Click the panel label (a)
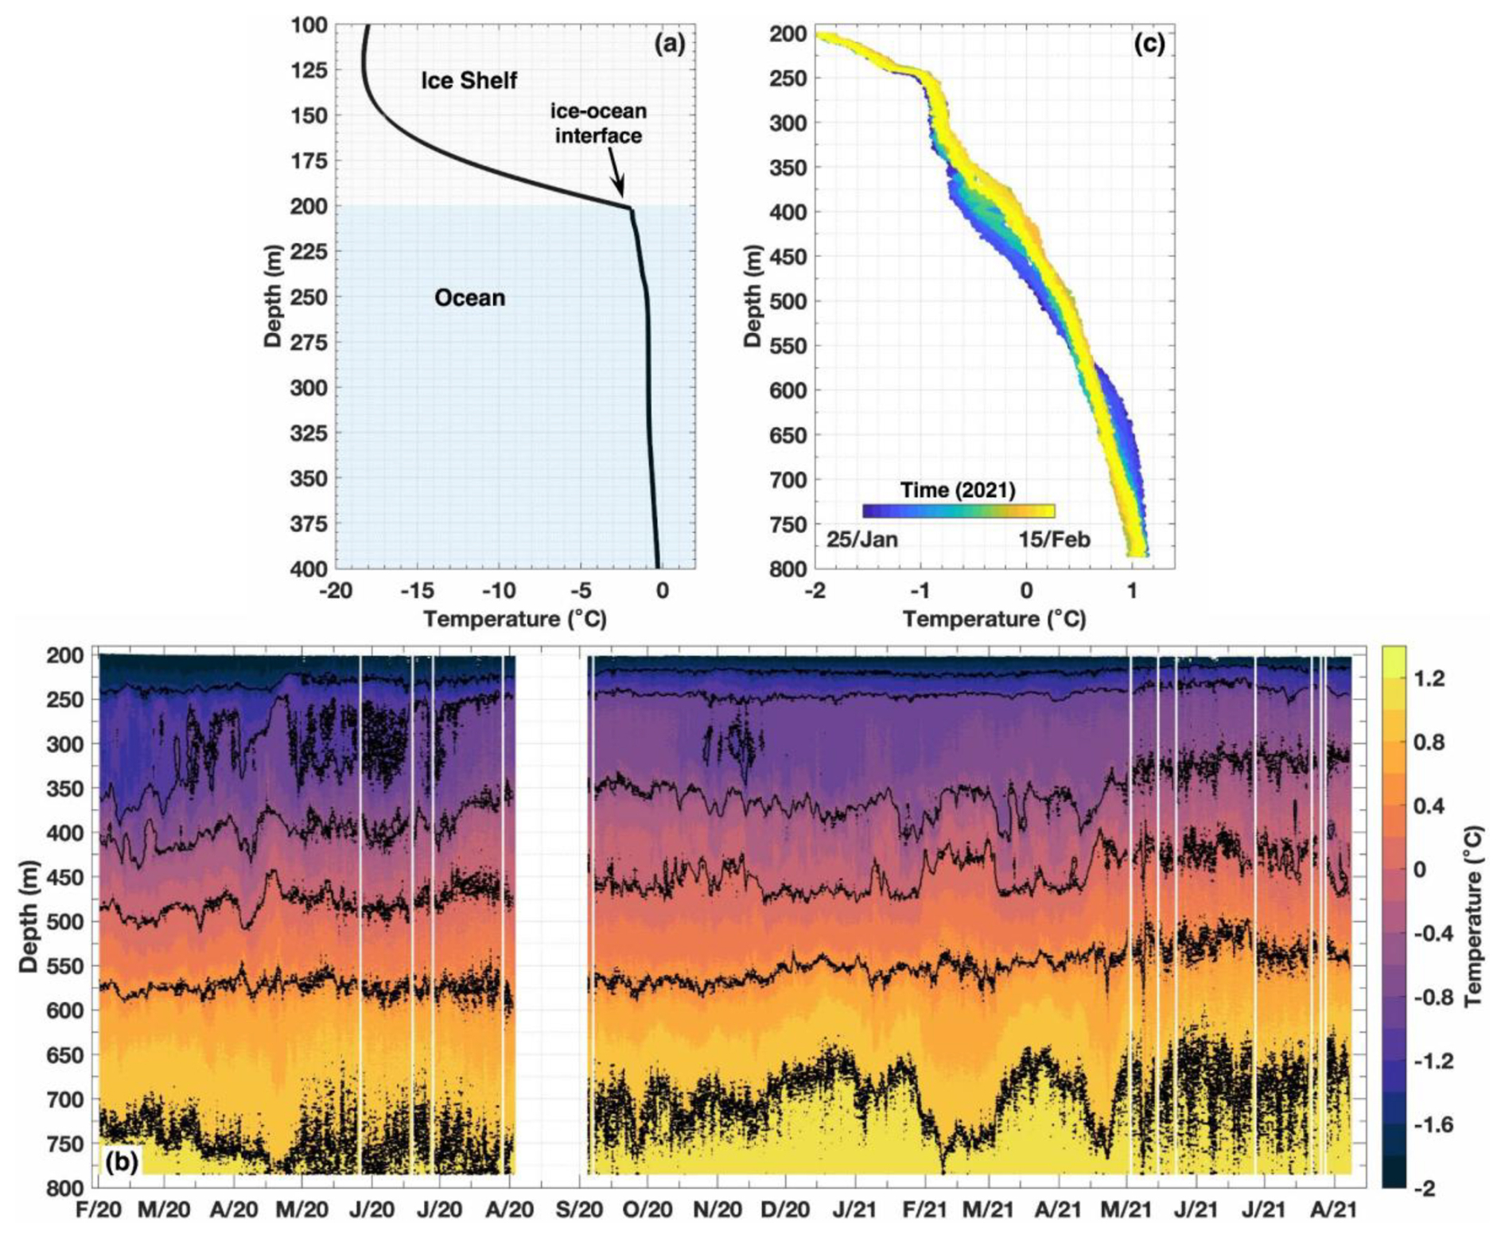pyautogui.click(x=669, y=45)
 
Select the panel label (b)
pyautogui.click(x=122, y=1162)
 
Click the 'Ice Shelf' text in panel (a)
pyautogui.click(x=469, y=80)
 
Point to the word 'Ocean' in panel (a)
pyautogui.click(x=469, y=298)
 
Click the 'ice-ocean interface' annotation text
pyautogui.click(x=598, y=124)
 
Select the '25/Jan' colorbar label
pyautogui.click(x=862, y=540)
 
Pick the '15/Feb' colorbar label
pyautogui.click(x=1054, y=540)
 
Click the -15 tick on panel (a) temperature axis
pyautogui.click(x=418, y=591)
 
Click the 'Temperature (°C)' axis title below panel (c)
pyautogui.click(x=994, y=619)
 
